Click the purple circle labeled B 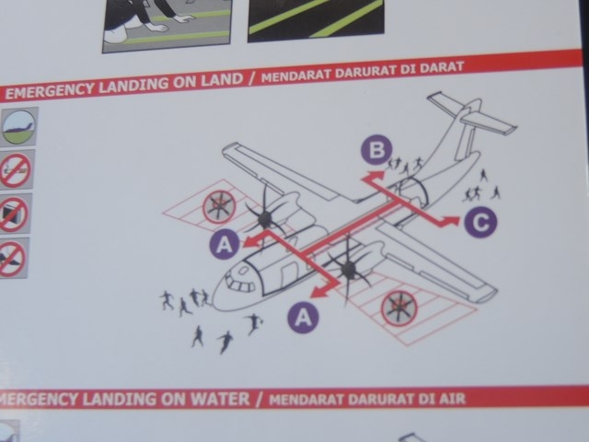[376, 150]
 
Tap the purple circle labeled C [480, 222]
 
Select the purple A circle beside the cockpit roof [225, 244]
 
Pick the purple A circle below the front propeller [304, 318]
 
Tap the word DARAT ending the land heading [443, 67]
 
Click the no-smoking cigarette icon [15, 170]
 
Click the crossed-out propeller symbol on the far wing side [219, 206]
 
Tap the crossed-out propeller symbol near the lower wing [398, 308]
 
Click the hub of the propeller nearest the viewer [348, 268]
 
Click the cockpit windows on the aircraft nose [241, 284]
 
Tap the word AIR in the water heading [453, 398]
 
